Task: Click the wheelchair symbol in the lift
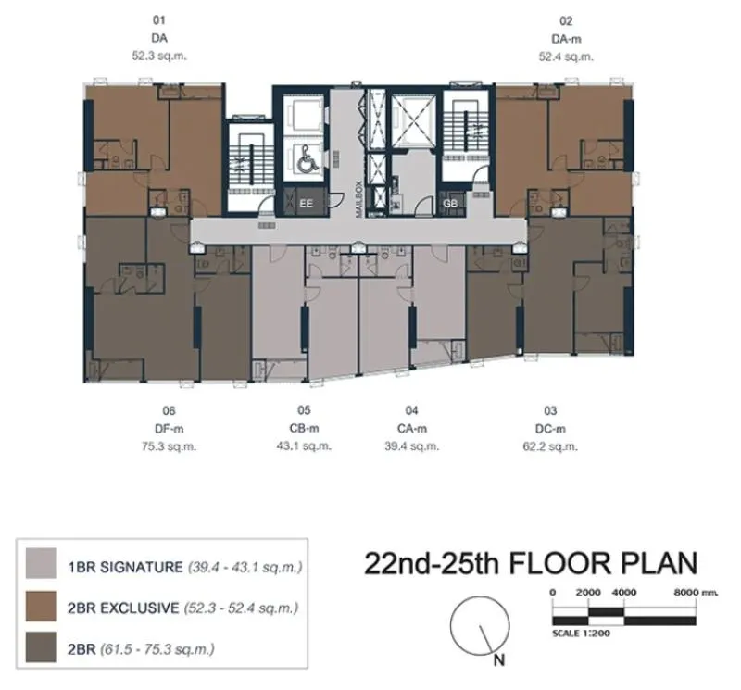tap(308, 158)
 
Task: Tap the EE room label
tap(307, 204)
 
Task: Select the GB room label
tap(450, 204)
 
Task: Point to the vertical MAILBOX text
tap(358, 199)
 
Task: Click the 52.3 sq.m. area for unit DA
tap(159, 56)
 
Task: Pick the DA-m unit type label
tap(566, 39)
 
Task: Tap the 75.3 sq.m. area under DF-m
tap(169, 446)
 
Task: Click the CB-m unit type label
tap(305, 428)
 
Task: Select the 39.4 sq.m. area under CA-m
tap(411, 445)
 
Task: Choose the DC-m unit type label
tap(550, 429)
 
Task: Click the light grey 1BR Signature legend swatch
tap(41, 563)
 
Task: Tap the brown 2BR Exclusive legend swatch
tap(41, 606)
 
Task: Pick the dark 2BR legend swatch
tap(41, 647)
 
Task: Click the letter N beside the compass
tap(499, 659)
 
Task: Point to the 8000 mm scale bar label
tap(696, 592)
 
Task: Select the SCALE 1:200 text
tap(581, 633)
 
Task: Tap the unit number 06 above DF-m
tap(169, 410)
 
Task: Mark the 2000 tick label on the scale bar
tap(588, 592)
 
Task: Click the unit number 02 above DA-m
tap(566, 20)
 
